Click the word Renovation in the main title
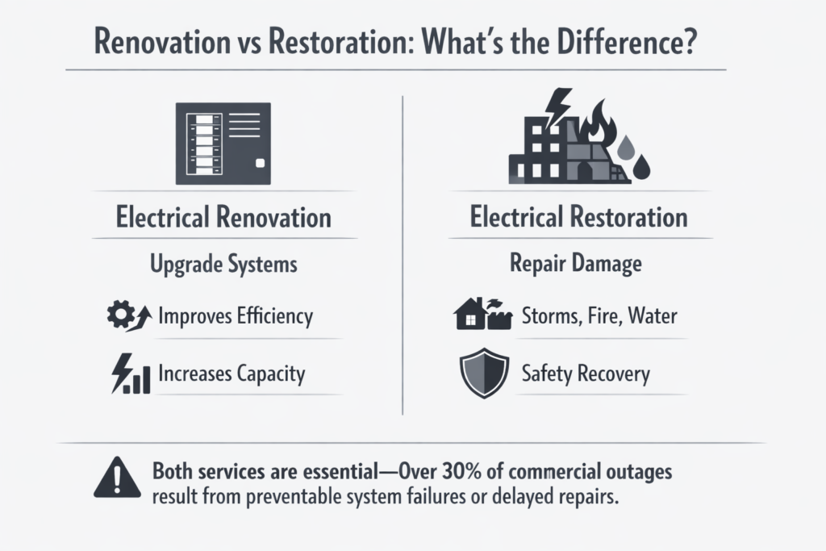[x=162, y=42]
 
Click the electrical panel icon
[x=223, y=144]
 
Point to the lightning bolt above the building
[x=558, y=108]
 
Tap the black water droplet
[x=640, y=167]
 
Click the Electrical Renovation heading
[x=223, y=217]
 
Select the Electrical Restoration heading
[x=578, y=217]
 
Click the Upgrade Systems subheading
[x=223, y=264]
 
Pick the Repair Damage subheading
[x=576, y=263]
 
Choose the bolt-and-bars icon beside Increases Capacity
[x=131, y=374]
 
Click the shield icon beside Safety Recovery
[x=484, y=373]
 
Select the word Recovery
[x=614, y=374]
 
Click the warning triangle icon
[x=118, y=478]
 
